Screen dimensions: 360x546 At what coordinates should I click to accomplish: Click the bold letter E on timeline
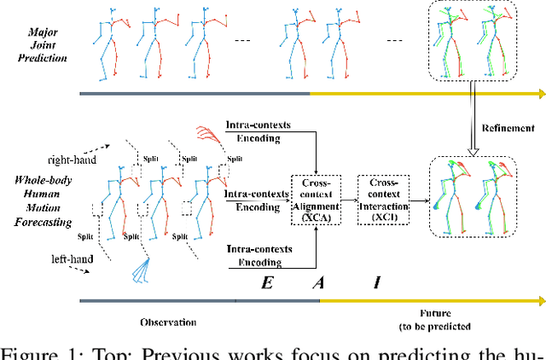tap(265, 283)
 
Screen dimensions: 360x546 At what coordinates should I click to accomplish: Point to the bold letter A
tap(317, 283)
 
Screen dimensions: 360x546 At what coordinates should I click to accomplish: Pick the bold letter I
tap(376, 283)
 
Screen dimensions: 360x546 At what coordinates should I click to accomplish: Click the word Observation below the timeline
tap(169, 322)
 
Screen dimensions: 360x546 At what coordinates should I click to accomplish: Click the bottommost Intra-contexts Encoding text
tap(260, 255)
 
